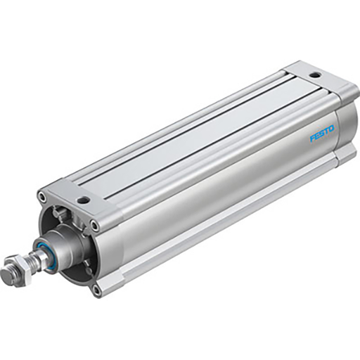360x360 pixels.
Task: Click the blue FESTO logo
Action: (x=322, y=132)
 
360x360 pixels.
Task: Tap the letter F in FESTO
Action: (x=313, y=137)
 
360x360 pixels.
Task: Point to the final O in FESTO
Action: (x=333, y=127)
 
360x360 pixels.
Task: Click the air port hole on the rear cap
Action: (x=314, y=74)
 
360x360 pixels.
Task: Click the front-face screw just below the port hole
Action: (x=95, y=225)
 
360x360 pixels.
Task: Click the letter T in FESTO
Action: (x=327, y=130)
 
